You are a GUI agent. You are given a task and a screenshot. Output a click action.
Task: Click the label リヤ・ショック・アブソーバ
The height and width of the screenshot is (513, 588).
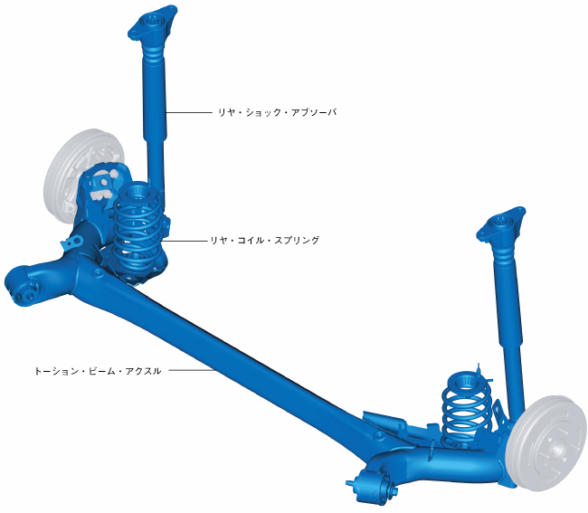pos(277,112)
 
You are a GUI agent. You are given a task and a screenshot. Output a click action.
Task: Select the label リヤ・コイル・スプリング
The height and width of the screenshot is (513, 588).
pos(265,240)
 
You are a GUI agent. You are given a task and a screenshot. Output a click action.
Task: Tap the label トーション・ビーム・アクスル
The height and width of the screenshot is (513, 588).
pos(98,371)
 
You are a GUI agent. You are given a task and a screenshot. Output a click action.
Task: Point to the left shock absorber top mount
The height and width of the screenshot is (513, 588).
pos(152,23)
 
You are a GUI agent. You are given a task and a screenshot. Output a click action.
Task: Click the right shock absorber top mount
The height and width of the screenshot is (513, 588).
pos(501,224)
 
